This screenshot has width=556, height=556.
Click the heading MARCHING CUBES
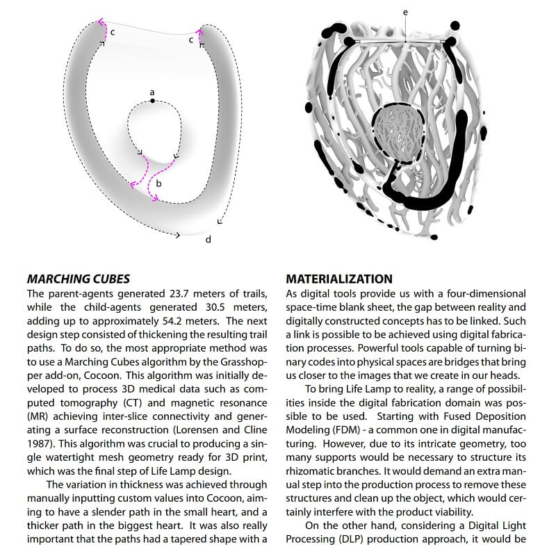(78, 279)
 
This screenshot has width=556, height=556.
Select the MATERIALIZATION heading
(339, 279)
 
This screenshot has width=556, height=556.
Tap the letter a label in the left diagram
(152, 91)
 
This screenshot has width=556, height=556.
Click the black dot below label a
(152, 101)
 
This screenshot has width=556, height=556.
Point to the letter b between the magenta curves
(158, 183)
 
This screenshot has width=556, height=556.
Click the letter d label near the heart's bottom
(208, 240)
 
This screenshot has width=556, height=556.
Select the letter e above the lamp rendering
(405, 12)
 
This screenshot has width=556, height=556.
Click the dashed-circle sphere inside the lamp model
(399, 131)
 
